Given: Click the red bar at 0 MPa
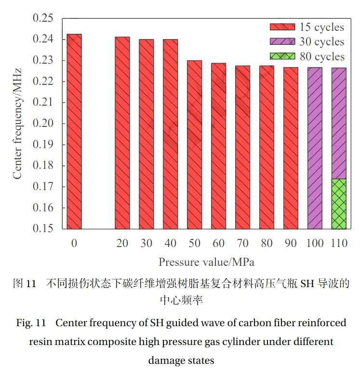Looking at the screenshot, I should click(74, 131).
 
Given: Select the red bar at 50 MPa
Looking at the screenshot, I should click(194, 145).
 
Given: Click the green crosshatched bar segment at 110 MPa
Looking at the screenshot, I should click(339, 204).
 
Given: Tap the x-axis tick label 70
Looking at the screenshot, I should click(242, 244).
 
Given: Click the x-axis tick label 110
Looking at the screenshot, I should click(339, 244).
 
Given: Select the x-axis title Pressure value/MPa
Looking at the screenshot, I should click(206, 262).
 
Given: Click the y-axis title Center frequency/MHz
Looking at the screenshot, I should click(17, 124).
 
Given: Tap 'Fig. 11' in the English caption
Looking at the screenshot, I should click(31, 323).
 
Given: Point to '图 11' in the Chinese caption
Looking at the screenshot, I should click(24, 284).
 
